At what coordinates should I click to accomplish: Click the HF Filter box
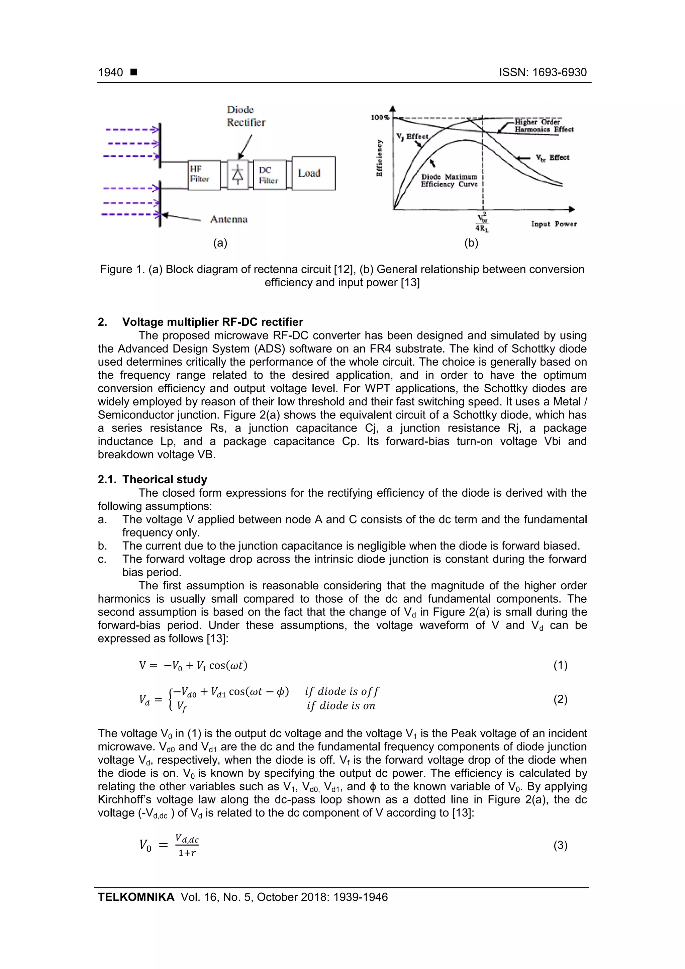(x=204, y=175)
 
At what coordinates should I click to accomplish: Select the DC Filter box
(x=269, y=175)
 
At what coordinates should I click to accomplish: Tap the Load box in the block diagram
(x=313, y=173)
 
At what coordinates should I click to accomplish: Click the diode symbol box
(x=237, y=174)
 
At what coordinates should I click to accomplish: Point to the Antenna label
(x=229, y=219)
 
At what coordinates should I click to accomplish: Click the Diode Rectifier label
(x=246, y=116)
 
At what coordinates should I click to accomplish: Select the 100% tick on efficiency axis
(x=380, y=117)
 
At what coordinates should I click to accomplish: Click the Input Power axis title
(x=553, y=224)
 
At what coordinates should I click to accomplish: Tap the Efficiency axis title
(x=379, y=158)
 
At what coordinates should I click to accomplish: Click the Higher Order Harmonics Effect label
(x=544, y=126)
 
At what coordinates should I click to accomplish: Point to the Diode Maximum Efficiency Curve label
(x=449, y=180)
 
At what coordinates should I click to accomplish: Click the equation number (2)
(x=560, y=699)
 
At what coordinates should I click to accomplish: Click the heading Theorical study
(x=165, y=479)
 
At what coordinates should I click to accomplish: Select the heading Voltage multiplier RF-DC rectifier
(x=212, y=322)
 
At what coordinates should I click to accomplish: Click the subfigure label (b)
(x=471, y=243)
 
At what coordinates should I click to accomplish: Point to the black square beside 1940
(x=134, y=72)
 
